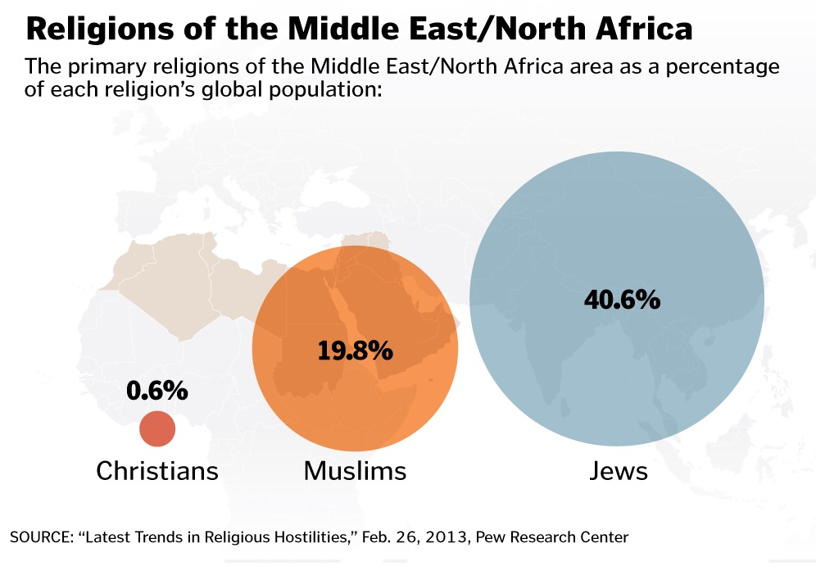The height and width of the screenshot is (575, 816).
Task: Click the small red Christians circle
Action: click(x=157, y=429)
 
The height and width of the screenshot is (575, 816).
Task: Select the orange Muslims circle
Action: click(x=355, y=348)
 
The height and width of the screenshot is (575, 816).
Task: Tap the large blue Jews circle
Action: click(x=616, y=300)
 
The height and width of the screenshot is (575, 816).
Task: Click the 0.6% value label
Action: click(x=157, y=392)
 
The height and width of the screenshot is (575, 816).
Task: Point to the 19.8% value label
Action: click(x=355, y=351)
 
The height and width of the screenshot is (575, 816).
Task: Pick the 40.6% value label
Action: click(x=622, y=300)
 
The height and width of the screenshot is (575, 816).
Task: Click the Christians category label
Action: click(x=157, y=471)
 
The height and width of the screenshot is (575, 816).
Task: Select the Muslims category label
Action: click(x=355, y=471)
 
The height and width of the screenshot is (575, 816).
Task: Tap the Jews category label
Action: click(x=618, y=471)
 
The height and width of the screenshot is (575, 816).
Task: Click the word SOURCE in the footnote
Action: click(x=37, y=538)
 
